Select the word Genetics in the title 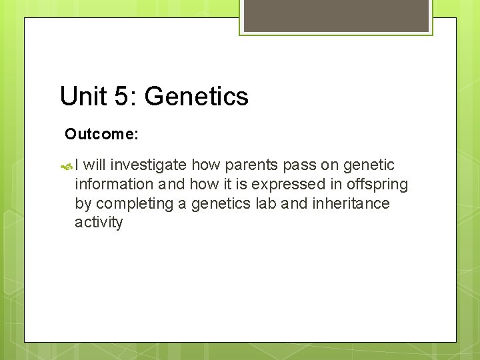click(x=197, y=96)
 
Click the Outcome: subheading click(x=101, y=134)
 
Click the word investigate click(x=149, y=165)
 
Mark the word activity click(x=99, y=223)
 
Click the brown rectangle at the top click(x=336, y=15)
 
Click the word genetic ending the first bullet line click(x=369, y=165)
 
